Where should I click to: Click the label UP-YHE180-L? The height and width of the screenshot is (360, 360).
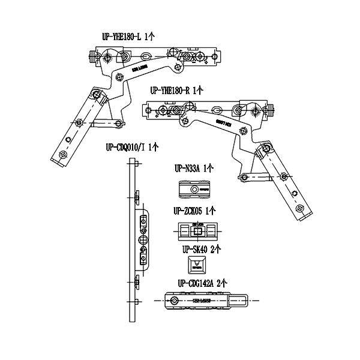122,37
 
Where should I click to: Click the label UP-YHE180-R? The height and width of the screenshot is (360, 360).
170,91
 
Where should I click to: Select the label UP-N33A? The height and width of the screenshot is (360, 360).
187,169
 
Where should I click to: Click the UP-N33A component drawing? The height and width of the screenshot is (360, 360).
196,190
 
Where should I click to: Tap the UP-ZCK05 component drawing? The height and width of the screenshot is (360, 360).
197,231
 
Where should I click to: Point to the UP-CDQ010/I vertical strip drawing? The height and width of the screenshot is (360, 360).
137,240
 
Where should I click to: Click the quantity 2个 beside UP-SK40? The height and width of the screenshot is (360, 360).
216,247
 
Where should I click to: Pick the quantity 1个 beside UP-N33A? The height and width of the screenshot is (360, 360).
209,169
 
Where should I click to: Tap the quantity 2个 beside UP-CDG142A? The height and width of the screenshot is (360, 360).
222,282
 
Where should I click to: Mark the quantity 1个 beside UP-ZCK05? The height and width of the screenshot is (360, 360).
210,211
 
